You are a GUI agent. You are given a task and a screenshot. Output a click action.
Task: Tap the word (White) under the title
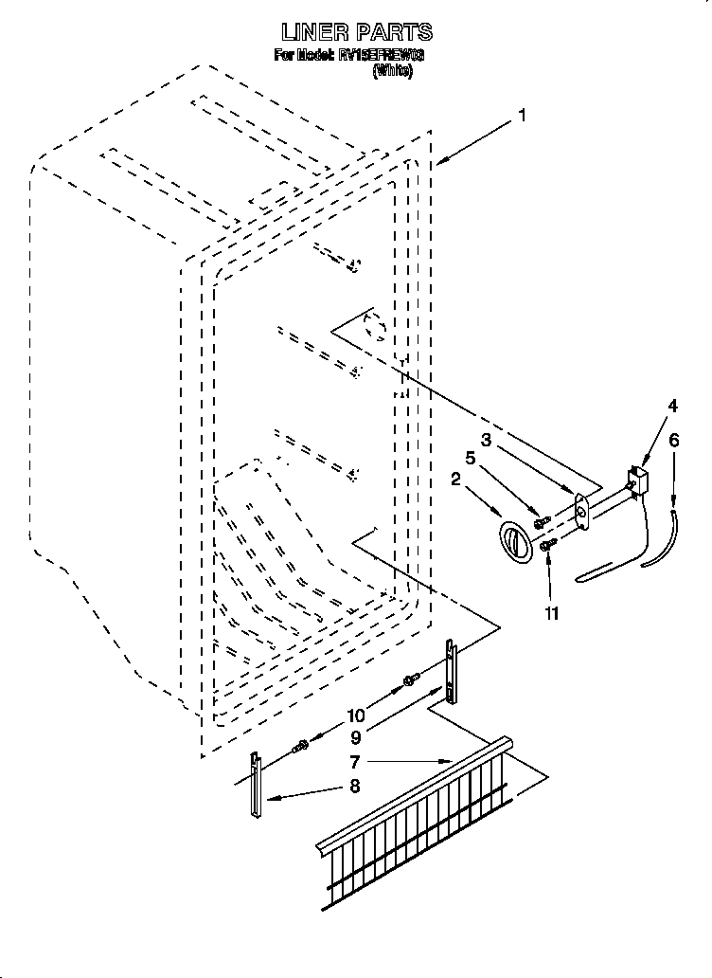(x=392, y=71)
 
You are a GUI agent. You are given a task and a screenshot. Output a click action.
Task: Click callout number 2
(x=455, y=480)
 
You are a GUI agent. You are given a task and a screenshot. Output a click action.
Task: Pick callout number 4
(x=671, y=406)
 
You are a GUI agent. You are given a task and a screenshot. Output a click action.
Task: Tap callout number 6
(x=673, y=440)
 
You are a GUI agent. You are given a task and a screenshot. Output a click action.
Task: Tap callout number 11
(x=551, y=613)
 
